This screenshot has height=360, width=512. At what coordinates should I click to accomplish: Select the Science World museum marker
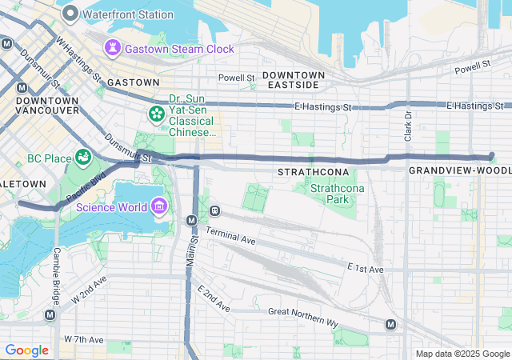(x=158, y=208)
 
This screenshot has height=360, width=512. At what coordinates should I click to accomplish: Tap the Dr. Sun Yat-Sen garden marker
(x=155, y=115)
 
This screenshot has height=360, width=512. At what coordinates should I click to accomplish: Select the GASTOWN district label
(x=133, y=82)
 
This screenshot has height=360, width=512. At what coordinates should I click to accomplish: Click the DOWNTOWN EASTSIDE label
(x=297, y=79)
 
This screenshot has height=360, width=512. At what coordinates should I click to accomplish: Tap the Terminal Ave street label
(x=230, y=235)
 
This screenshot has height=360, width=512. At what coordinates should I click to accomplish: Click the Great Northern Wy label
(x=303, y=317)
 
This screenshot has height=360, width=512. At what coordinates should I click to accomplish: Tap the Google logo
(x=26, y=350)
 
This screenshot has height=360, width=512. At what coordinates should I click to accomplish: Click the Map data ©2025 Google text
(x=462, y=354)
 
